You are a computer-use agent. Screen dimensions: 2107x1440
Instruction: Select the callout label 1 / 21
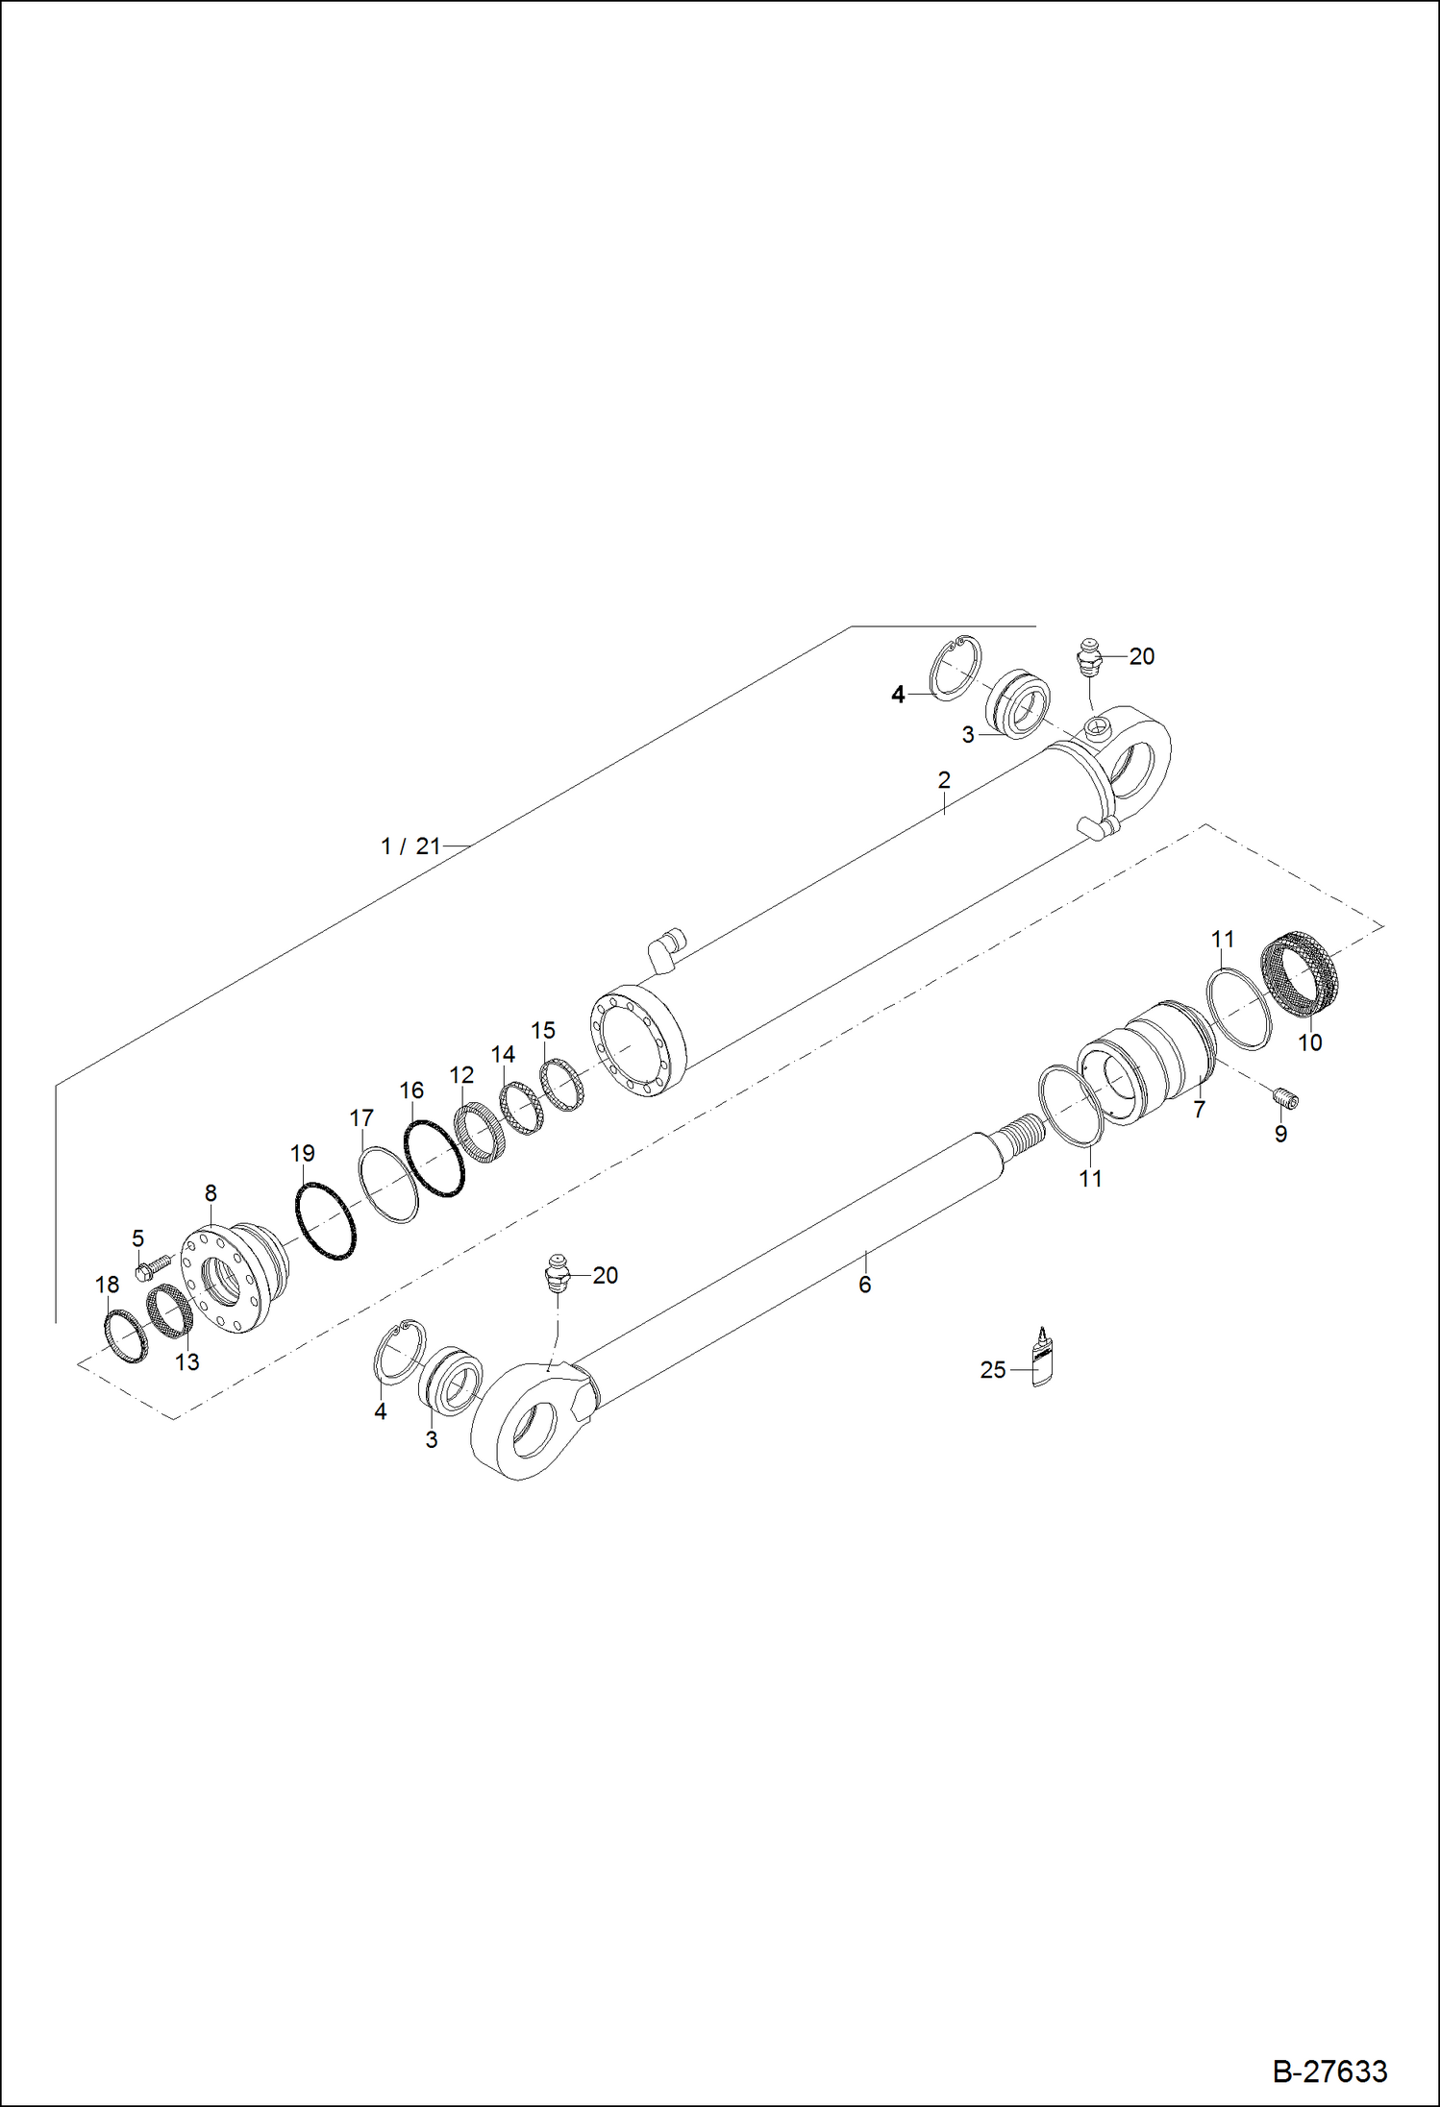click(x=410, y=846)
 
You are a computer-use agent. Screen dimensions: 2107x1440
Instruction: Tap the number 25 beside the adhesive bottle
click(x=992, y=1370)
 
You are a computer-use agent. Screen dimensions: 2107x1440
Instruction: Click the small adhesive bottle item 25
click(x=1040, y=1360)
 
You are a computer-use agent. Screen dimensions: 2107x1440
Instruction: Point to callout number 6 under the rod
click(x=864, y=1285)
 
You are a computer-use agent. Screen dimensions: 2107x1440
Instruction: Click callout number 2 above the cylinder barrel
click(x=943, y=779)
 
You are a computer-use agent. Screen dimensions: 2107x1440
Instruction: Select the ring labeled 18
click(x=125, y=1335)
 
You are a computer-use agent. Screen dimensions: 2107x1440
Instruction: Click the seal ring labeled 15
click(x=563, y=1084)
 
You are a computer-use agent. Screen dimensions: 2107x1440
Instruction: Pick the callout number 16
click(x=410, y=1090)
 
